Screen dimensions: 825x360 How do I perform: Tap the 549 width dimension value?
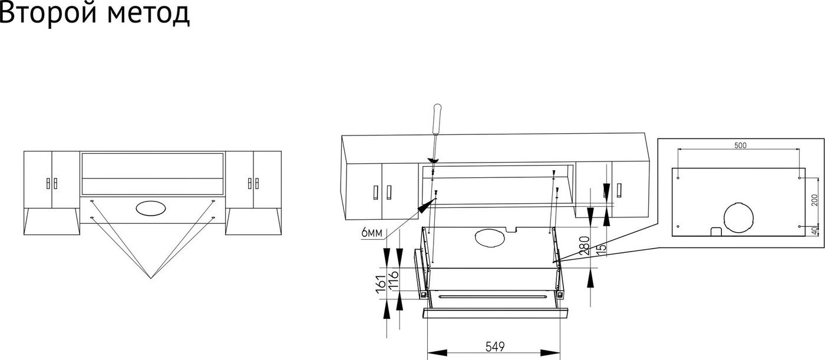(x=496, y=347)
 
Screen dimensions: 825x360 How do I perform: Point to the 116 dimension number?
(x=394, y=281)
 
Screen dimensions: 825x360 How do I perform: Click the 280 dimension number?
(x=584, y=246)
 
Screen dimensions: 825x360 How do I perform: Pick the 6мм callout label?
(x=372, y=233)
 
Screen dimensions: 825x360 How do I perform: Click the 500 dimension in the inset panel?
(x=740, y=146)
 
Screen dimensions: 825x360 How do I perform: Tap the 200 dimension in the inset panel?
(x=814, y=200)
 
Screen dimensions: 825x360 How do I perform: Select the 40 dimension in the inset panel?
(x=814, y=231)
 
